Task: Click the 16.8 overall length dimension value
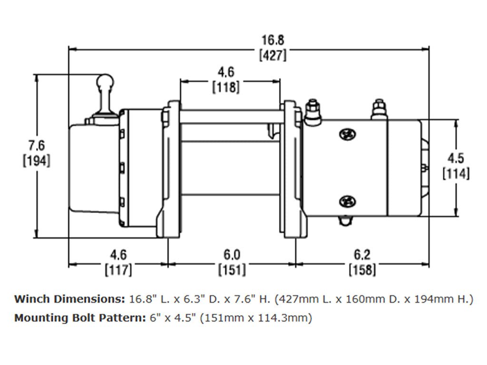pyautogui.click(x=273, y=40)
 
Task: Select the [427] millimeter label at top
pyautogui.click(x=273, y=55)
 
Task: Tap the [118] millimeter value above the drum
pyautogui.click(x=225, y=87)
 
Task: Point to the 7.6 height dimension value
pyautogui.click(x=36, y=145)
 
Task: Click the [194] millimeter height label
pyautogui.click(x=36, y=161)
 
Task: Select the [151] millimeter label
pyautogui.click(x=232, y=270)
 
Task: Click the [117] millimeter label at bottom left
pyautogui.click(x=118, y=270)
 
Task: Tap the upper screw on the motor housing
pyautogui.click(x=347, y=134)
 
